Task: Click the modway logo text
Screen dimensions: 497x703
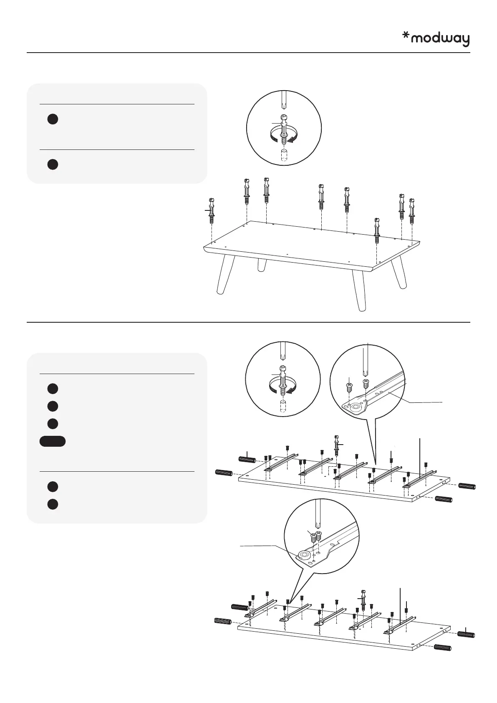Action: coord(440,39)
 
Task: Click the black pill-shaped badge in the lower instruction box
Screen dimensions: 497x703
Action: coord(53,441)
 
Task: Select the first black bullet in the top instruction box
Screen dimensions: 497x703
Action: coord(52,119)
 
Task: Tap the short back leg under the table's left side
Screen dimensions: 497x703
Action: coord(262,265)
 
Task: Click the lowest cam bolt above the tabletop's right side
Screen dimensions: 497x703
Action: coord(377,229)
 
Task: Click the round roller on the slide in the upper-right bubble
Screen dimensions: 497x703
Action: coord(356,406)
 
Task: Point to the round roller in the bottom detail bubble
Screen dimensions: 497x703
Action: coord(304,555)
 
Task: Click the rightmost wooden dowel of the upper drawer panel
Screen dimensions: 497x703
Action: coord(467,486)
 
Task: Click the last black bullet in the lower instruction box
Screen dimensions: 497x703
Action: coord(52,504)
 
